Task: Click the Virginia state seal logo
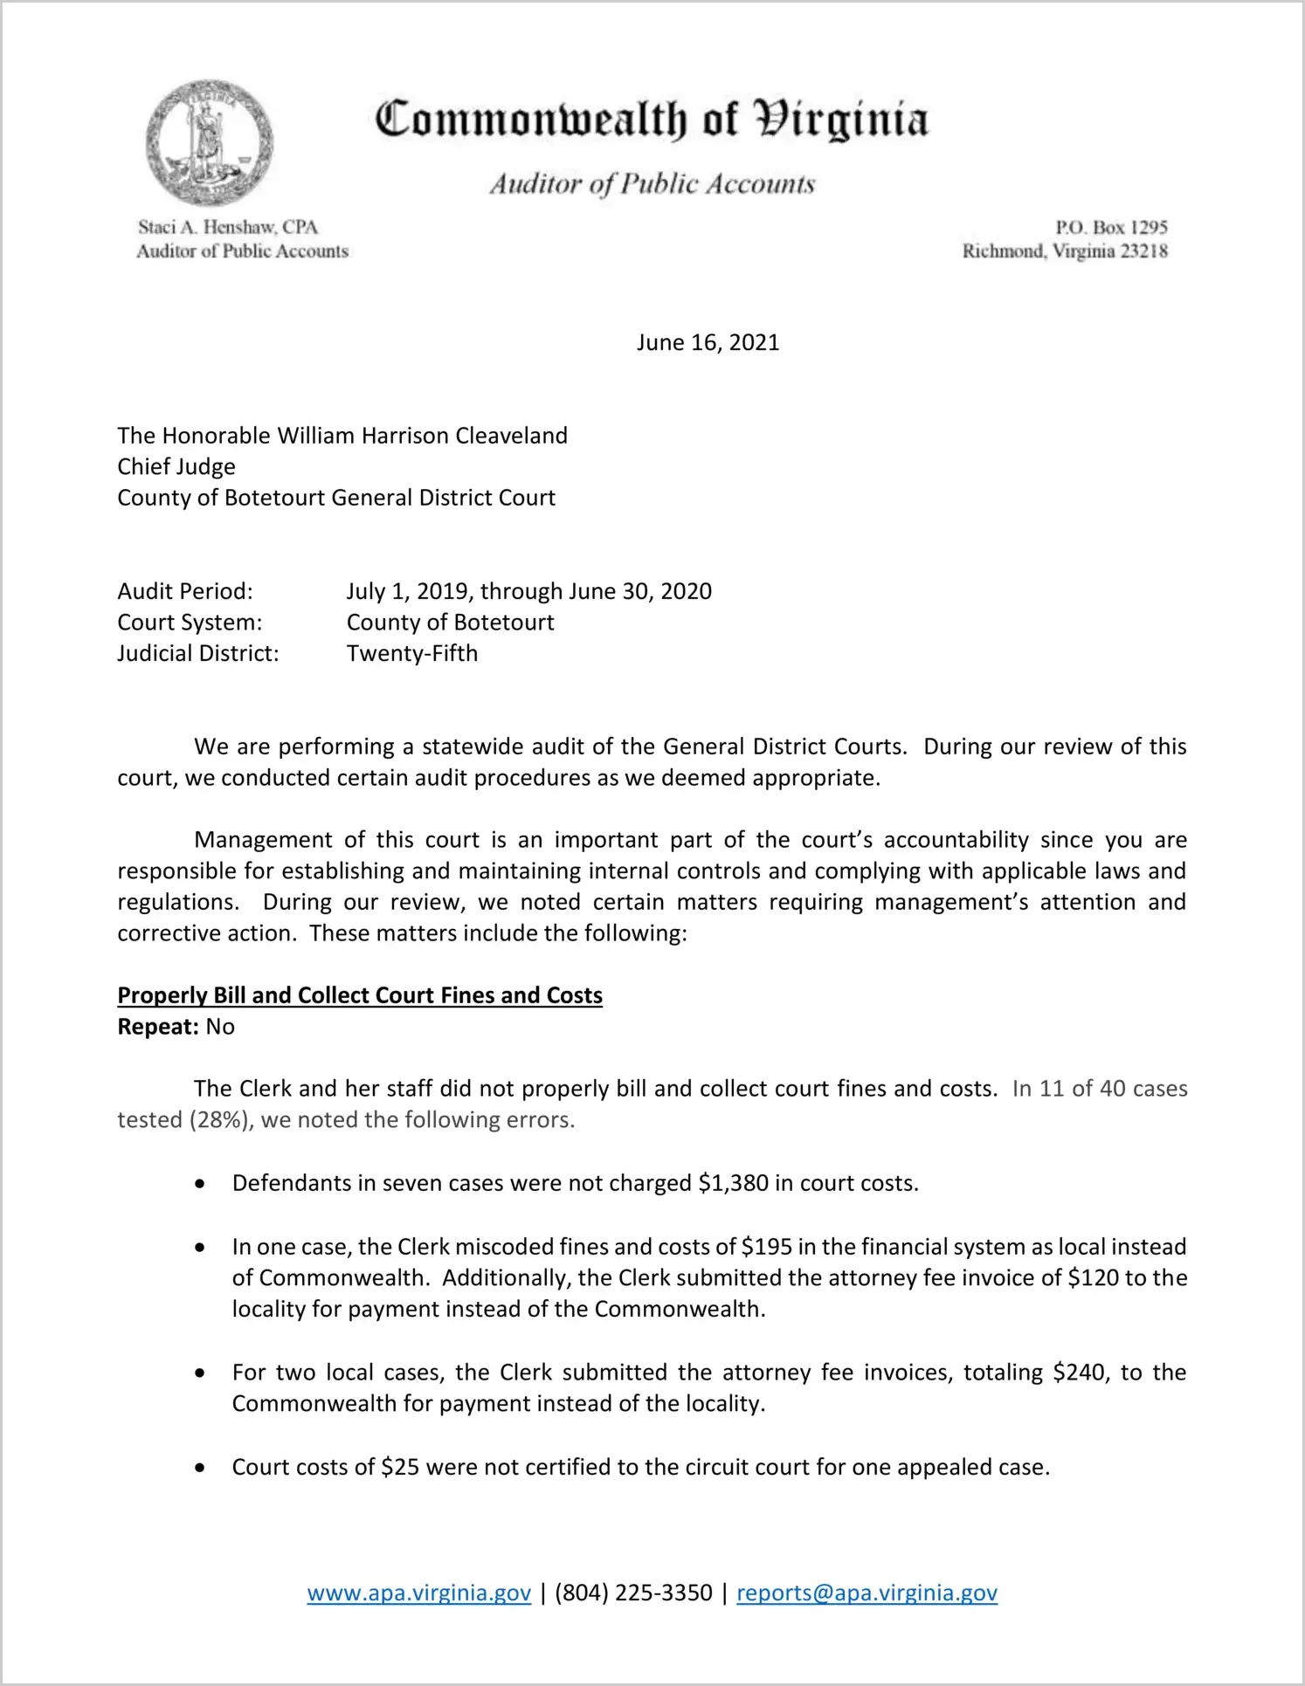pyautogui.click(x=210, y=142)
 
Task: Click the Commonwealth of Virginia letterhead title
pyautogui.click(x=652, y=120)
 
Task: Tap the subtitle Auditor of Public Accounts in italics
pyautogui.click(x=652, y=184)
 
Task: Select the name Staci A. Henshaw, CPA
pyautogui.click(x=228, y=227)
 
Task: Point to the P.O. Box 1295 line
pyautogui.click(x=1111, y=227)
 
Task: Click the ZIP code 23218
pyautogui.click(x=1143, y=251)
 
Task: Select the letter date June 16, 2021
pyautogui.click(x=708, y=342)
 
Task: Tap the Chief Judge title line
pyautogui.click(x=176, y=466)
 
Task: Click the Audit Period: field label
pyautogui.click(x=185, y=591)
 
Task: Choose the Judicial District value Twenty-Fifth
pyautogui.click(x=412, y=653)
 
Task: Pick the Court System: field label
pyautogui.click(x=190, y=623)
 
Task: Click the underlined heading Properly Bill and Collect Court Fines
pyautogui.click(x=360, y=995)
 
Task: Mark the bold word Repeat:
pyautogui.click(x=158, y=1027)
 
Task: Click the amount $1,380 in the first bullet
pyautogui.click(x=734, y=1183)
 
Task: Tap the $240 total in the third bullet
pyautogui.click(x=1081, y=1373)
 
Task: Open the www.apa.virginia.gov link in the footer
pyautogui.click(x=418, y=1593)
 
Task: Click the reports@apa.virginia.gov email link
pyautogui.click(x=867, y=1593)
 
